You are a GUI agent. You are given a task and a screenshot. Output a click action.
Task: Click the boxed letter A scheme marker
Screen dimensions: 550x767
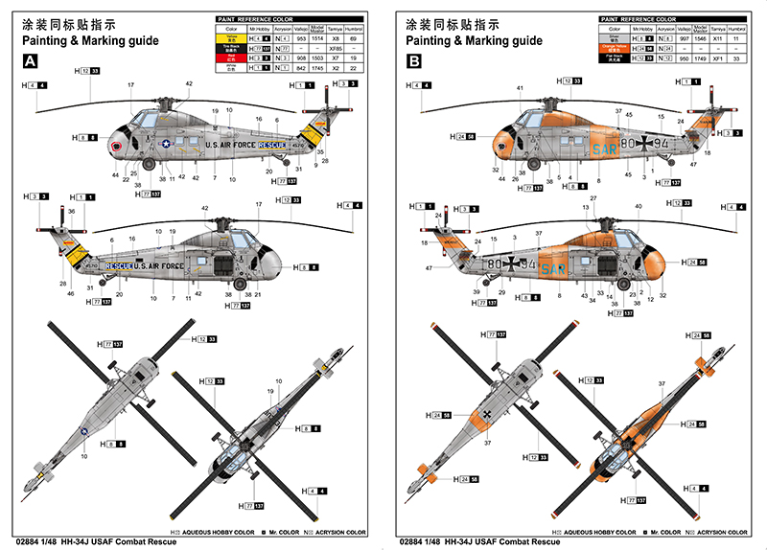(x=31, y=61)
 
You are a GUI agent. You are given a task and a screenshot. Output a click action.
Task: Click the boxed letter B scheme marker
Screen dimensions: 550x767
(x=414, y=61)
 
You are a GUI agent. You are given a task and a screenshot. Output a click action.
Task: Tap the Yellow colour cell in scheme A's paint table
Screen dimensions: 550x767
(x=230, y=37)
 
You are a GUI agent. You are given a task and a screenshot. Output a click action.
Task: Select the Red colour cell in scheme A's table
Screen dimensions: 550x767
(x=230, y=57)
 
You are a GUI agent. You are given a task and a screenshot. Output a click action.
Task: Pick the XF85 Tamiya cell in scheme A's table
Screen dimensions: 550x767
(x=335, y=47)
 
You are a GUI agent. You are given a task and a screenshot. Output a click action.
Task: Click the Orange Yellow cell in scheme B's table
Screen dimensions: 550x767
(x=614, y=47)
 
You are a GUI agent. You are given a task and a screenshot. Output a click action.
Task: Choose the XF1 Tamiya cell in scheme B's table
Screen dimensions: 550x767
(x=715, y=57)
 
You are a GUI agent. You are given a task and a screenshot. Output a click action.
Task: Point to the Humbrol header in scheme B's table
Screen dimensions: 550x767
(x=737, y=28)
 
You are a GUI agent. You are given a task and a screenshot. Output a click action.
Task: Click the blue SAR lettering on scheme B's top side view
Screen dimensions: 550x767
(x=606, y=150)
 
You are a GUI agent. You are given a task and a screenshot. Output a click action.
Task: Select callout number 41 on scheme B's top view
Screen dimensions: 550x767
(x=519, y=88)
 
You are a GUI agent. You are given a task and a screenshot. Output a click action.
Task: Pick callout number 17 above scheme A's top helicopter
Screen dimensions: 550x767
(x=131, y=86)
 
